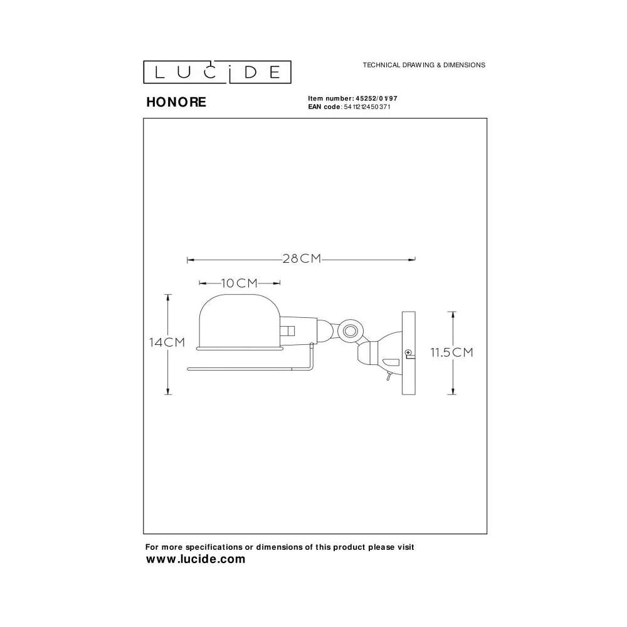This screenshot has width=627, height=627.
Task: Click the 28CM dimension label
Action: click(302, 259)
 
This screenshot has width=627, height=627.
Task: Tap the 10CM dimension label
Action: click(239, 283)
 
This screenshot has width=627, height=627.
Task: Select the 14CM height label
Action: click(167, 342)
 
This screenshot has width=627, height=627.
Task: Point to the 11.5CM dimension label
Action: click(451, 352)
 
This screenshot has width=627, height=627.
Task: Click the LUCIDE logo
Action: click(217, 72)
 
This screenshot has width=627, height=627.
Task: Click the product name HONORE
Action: click(176, 102)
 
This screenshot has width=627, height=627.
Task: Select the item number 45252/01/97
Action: click(376, 98)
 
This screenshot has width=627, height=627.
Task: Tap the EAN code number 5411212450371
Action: click(367, 107)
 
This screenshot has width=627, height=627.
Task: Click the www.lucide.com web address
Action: click(196, 559)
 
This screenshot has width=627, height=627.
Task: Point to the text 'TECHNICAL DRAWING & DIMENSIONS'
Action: click(424, 65)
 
